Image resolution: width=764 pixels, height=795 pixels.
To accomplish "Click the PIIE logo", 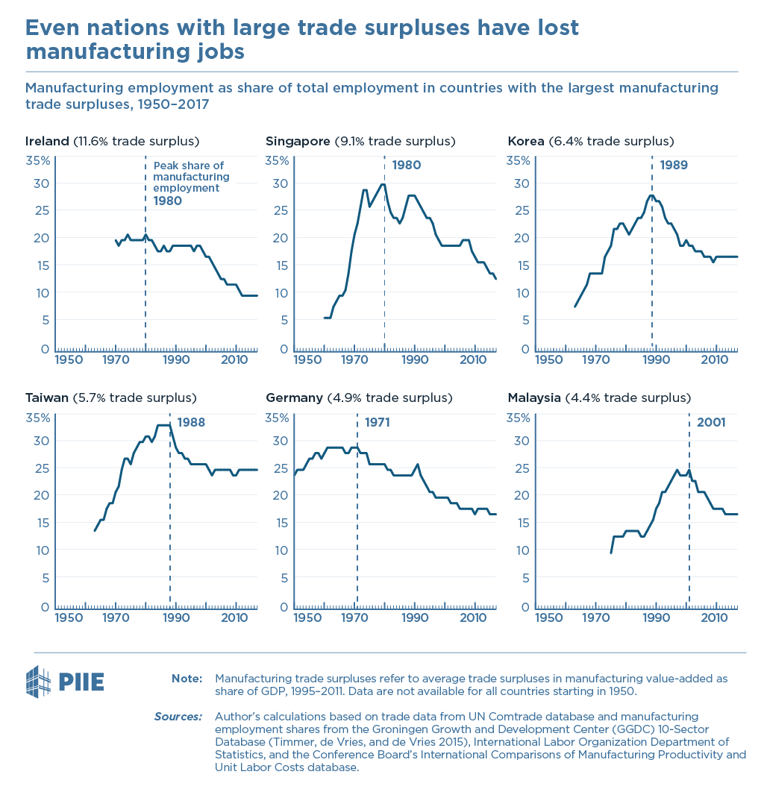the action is tap(65, 682).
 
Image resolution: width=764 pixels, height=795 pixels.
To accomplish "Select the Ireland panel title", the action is tap(112, 141).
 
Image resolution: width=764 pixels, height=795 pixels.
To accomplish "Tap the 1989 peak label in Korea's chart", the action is tap(674, 165).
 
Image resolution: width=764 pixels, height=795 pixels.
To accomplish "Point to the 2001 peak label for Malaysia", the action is tap(711, 422).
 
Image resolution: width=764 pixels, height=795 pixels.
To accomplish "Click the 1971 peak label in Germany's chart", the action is tap(378, 422).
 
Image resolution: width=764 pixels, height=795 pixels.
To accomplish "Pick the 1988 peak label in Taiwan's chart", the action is tap(191, 422).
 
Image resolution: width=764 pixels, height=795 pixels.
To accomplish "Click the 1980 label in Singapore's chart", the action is tap(407, 165).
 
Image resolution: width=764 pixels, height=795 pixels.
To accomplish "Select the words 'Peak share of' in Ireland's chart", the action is tap(189, 166).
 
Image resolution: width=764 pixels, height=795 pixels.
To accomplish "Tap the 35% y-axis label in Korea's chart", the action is tap(518, 161).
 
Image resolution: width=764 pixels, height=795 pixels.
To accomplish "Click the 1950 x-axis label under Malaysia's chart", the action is tap(548, 618).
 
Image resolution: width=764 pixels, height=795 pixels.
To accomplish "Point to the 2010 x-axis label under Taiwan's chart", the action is tap(234, 618).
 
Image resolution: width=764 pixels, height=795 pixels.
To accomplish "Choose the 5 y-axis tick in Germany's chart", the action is tap(284, 578).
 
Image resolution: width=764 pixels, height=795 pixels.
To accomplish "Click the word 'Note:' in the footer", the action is tap(187, 679).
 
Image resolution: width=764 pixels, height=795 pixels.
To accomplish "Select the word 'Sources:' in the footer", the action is tap(178, 717).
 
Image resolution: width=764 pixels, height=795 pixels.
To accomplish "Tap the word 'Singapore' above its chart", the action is tap(298, 142).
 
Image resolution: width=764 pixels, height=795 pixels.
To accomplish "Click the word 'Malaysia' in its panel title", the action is tap(534, 398).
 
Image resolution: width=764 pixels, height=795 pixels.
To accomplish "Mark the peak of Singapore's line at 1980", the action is tap(383, 184).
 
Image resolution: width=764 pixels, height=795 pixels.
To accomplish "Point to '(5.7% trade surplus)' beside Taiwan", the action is tap(134, 398).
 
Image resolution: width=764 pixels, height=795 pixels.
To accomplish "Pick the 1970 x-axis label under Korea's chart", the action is tap(595, 360).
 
